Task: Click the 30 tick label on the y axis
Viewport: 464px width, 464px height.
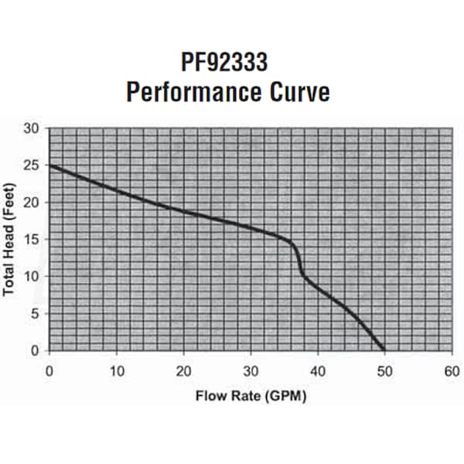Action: pyautogui.click(x=31, y=128)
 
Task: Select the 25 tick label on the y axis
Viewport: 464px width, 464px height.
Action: pyautogui.click(x=31, y=165)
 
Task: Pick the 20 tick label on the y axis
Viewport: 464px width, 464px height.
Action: pyautogui.click(x=31, y=203)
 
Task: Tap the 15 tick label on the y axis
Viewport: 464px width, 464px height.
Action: pyautogui.click(x=31, y=240)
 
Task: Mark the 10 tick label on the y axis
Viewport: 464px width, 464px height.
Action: pyautogui.click(x=31, y=277)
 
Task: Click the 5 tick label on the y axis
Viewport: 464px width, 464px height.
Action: pyautogui.click(x=34, y=314)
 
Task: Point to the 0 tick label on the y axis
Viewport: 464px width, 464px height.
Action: pyautogui.click(x=34, y=350)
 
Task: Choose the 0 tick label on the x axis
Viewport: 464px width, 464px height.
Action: pyautogui.click(x=50, y=370)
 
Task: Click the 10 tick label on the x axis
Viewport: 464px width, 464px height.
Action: pyautogui.click(x=117, y=370)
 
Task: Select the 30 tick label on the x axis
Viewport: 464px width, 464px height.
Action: pyautogui.click(x=251, y=370)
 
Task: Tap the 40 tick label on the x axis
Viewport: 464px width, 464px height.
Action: pyautogui.click(x=317, y=370)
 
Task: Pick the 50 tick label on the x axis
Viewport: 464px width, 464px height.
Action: pyautogui.click(x=384, y=370)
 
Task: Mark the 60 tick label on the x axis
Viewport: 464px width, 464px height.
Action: pyautogui.click(x=451, y=370)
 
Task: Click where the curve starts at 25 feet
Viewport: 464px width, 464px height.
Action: pyautogui.click(x=51, y=165)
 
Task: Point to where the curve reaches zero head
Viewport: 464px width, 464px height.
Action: pyautogui.click(x=384, y=350)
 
